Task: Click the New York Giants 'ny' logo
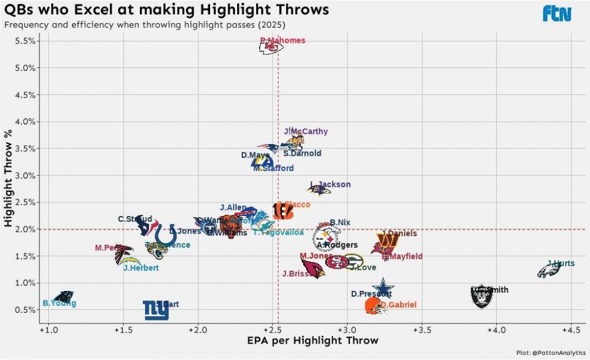156,310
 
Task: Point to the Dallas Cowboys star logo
383,289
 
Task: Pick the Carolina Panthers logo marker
64,297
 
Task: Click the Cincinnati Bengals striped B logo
283,211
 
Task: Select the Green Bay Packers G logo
353,261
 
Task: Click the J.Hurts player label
560,263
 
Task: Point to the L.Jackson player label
330,184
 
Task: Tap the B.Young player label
59,303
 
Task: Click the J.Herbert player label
141,267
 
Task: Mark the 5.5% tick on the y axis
27,41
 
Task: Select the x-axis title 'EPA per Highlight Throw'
313,341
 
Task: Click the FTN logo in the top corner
557,14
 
